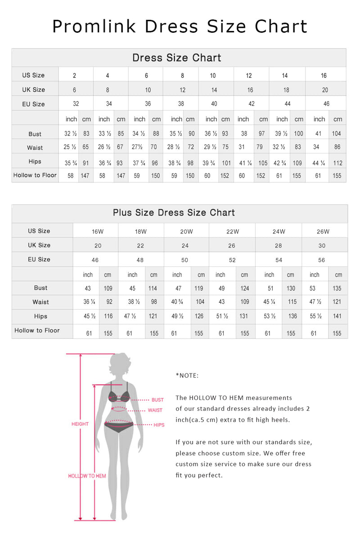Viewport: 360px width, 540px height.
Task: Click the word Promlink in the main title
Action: tap(94, 27)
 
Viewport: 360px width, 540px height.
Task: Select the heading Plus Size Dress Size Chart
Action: tap(174, 212)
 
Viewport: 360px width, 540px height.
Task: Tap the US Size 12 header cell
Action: tap(249, 76)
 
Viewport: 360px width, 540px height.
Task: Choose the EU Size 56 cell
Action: tap(321, 260)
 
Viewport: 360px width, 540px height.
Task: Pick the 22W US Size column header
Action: tap(232, 232)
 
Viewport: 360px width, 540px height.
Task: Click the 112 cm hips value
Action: tap(338, 163)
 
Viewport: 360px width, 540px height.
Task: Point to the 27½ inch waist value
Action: tap(139, 148)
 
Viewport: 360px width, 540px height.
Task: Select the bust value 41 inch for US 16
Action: tap(319, 134)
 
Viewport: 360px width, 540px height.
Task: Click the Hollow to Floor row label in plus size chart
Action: tap(37, 331)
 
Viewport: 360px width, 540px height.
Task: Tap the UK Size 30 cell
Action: tap(322, 246)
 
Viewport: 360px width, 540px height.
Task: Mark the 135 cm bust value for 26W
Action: tap(337, 288)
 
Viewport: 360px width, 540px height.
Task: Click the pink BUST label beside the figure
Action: tap(157, 400)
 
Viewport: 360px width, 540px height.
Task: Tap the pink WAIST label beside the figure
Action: tap(155, 410)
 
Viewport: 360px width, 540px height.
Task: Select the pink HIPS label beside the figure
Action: tap(159, 425)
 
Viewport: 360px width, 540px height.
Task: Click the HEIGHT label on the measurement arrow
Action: tap(80, 424)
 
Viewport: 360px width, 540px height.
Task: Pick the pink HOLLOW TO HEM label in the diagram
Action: tap(87, 476)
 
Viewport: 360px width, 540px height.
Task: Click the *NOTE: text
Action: tap(187, 376)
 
